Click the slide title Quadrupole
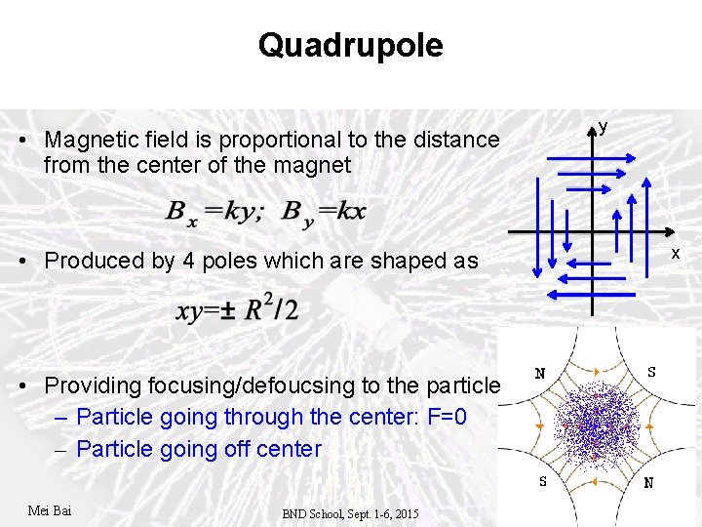350,45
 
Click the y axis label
604,127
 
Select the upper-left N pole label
539,373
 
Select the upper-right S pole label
651,371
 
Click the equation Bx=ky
214,212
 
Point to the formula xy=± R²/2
238,309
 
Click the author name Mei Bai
50,510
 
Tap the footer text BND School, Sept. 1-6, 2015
350,513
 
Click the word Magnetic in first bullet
88,140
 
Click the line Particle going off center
198,449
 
